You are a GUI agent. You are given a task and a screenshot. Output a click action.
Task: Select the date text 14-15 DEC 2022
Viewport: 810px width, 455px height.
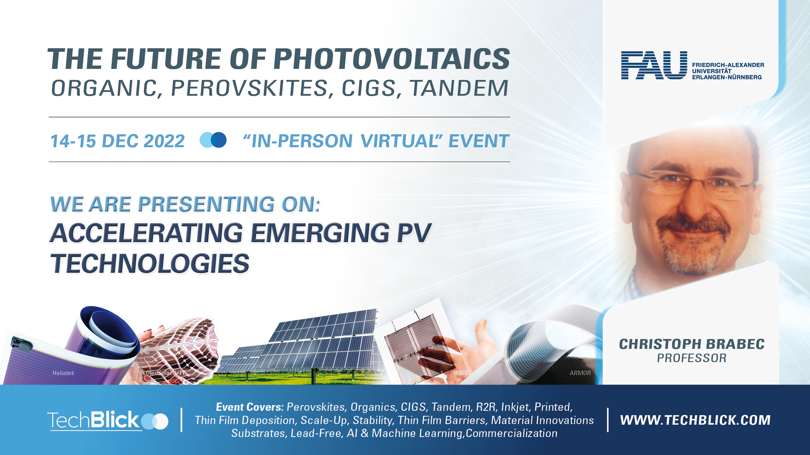pyautogui.click(x=117, y=141)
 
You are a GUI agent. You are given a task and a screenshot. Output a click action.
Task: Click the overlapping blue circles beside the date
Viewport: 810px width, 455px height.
pyautogui.click(x=213, y=140)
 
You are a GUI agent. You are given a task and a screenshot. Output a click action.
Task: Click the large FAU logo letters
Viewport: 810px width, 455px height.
pyautogui.click(x=654, y=65)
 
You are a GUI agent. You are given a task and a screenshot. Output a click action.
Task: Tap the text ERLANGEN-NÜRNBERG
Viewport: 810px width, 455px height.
pyautogui.click(x=727, y=77)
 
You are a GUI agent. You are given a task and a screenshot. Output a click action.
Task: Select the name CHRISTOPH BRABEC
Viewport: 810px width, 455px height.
pyautogui.click(x=692, y=344)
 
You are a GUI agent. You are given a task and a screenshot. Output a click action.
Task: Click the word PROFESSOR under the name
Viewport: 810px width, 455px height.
pyautogui.click(x=692, y=358)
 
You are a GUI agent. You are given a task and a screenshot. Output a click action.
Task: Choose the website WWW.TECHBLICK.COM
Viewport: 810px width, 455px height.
pyautogui.click(x=695, y=420)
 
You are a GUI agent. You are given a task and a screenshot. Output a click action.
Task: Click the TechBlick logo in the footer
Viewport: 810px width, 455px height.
pyautogui.click(x=108, y=421)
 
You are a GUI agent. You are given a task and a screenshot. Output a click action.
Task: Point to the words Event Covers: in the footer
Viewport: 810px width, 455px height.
pyautogui.click(x=250, y=407)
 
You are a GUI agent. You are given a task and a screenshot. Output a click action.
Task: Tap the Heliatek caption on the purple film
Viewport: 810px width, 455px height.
pyautogui.click(x=63, y=373)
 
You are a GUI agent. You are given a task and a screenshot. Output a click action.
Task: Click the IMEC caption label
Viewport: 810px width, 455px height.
pyautogui.click(x=461, y=373)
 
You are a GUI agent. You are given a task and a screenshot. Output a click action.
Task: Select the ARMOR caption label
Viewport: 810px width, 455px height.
pyautogui.click(x=580, y=373)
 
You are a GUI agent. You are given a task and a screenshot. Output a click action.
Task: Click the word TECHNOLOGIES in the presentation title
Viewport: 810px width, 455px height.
pyautogui.click(x=150, y=263)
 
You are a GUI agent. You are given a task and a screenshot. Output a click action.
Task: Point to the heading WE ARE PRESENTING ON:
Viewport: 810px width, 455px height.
pyautogui.click(x=185, y=204)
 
